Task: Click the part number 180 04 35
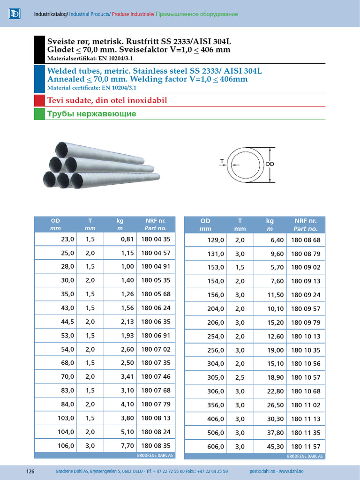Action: tap(155, 239)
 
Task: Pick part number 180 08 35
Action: tap(155, 446)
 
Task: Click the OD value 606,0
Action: tap(216, 447)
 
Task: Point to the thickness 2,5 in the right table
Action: tap(240, 377)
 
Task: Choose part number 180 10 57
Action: tap(306, 377)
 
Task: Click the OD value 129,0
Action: tap(216, 240)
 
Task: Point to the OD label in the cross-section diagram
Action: tap(270, 164)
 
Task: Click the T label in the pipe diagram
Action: tap(221, 161)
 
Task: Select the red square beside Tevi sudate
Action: tap(39, 100)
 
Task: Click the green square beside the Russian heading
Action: tap(39, 113)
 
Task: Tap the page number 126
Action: tap(30, 471)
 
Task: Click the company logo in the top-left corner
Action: tap(15, 14)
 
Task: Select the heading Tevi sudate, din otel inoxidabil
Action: tap(107, 100)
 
